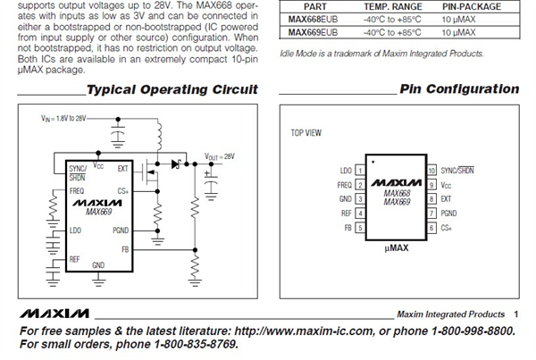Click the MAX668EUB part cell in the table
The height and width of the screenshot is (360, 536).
(313, 20)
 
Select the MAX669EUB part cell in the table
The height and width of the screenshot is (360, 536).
(313, 32)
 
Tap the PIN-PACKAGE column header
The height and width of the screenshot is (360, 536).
(472, 6)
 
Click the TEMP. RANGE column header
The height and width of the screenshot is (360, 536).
(393, 6)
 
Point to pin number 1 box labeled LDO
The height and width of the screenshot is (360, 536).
(360, 170)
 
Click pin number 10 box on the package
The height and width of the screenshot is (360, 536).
(431, 170)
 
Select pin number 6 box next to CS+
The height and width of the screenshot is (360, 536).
(431, 228)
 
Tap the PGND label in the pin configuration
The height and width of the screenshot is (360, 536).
(448, 213)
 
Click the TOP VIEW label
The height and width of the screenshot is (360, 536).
(306, 132)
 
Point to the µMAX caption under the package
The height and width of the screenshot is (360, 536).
(396, 247)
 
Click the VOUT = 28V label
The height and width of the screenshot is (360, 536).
(220, 156)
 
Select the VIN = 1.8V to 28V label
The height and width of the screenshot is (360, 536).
(63, 118)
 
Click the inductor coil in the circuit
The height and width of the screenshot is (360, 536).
(159, 136)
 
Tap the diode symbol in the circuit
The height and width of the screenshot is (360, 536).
(176, 164)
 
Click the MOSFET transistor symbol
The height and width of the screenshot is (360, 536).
(150, 172)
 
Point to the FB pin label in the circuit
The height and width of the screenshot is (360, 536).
(125, 249)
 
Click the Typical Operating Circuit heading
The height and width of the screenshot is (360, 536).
(172, 89)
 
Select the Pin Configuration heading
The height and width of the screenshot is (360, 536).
(459, 89)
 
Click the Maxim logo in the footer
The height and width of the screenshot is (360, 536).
(54, 314)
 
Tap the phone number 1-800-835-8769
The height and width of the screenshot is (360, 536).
(196, 344)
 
